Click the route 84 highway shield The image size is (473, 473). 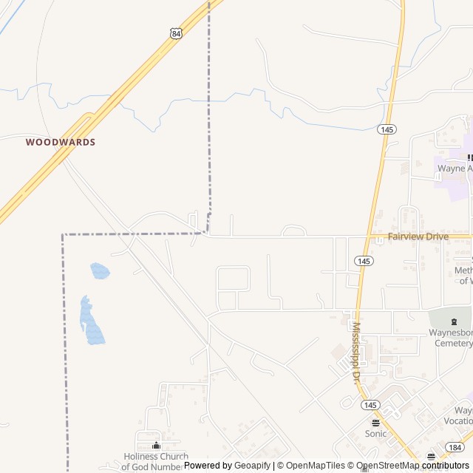[175, 33]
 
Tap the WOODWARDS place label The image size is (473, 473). [61, 141]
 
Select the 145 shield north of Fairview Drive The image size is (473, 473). [387, 129]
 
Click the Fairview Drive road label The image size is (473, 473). [418, 236]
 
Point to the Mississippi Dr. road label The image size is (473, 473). [355, 351]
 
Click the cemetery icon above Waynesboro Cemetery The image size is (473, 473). [455, 321]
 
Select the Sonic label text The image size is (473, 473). [375, 434]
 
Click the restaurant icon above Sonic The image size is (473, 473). [375, 423]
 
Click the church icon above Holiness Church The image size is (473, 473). [156, 446]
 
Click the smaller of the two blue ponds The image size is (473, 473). [100, 271]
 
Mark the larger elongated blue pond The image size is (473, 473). [92, 323]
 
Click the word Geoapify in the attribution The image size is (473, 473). [252, 466]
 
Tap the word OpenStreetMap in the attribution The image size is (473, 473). [389, 466]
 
